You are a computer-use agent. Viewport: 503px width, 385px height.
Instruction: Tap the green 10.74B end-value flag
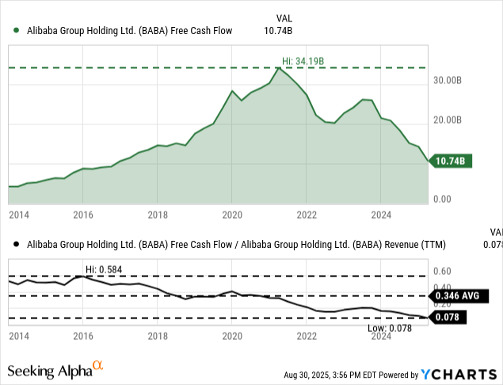[x=451, y=161]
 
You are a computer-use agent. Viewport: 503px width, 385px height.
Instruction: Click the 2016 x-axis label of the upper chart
[x=83, y=215]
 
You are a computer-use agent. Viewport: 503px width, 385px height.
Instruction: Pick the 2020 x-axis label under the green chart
[x=231, y=215]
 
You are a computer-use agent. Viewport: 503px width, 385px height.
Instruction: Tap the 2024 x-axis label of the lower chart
[x=382, y=337]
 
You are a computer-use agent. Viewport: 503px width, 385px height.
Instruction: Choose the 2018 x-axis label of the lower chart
[x=158, y=337]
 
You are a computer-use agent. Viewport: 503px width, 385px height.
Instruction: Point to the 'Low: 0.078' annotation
[x=391, y=328]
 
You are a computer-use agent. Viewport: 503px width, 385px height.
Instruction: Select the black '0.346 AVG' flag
[x=456, y=296]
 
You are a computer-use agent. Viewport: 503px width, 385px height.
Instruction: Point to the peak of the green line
[x=277, y=68]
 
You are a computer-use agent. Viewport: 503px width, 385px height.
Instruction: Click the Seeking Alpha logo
[x=55, y=370]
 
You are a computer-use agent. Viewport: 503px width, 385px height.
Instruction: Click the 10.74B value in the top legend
[x=279, y=31]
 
